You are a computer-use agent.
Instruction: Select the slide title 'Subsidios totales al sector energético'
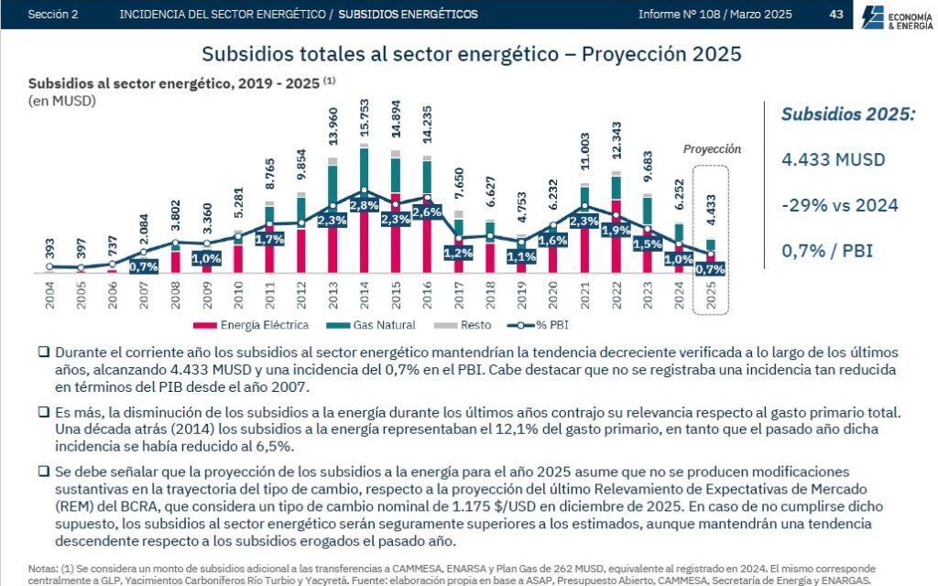tap(471, 54)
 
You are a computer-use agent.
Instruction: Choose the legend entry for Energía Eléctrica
tap(260, 325)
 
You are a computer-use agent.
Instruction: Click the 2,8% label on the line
tap(364, 205)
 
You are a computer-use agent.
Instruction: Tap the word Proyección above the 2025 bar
tap(712, 149)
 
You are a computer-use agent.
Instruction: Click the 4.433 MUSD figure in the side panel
tap(834, 159)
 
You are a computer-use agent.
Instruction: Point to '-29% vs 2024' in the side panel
tap(840, 205)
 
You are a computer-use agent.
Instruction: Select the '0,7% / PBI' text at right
tap(827, 250)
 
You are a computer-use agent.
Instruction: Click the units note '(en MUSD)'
tap(62, 100)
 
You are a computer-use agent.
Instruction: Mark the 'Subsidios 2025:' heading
tap(847, 114)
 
